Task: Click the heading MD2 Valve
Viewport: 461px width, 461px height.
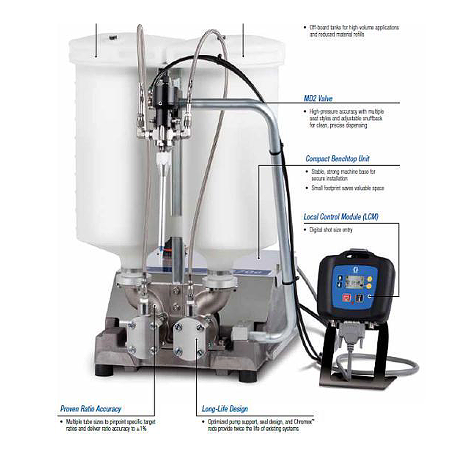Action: [318, 98]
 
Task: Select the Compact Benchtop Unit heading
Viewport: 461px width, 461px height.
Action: [337, 159]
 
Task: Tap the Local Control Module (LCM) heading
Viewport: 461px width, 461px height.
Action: [341, 217]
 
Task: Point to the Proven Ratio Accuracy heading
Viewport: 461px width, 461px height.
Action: [90, 408]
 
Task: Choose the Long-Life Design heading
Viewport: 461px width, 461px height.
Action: [225, 408]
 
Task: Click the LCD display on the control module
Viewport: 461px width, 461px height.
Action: [356, 279]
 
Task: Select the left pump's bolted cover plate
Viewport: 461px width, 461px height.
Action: [140, 336]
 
